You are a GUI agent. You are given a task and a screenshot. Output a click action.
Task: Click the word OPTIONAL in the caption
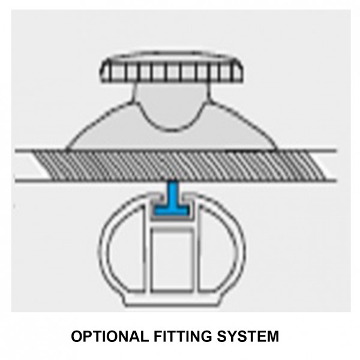pyautogui.click(x=110, y=337)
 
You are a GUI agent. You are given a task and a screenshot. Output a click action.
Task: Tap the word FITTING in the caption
pyautogui.click(x=183, y=337)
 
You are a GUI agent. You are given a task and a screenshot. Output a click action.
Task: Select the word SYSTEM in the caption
pyautogui.click(x=248, y=337)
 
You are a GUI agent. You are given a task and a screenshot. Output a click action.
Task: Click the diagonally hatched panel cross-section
pyautogui.click(x=179, y=166)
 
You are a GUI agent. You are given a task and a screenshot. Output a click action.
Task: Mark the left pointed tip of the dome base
pyautogui.click(x=66, y=149)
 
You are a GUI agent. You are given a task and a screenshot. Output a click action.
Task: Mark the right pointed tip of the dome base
pyautogui.click(x=277, y=149)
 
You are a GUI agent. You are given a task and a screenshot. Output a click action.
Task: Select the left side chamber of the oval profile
pyautogui.click(x=125, y=249)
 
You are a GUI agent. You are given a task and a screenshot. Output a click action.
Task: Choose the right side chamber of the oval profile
pyautogui.click(x=218, y=249)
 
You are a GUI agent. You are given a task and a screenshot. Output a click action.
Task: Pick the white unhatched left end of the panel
pyautogui.click(x=32, y=166)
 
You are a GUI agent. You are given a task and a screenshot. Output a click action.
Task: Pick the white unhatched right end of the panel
pyautogui.click(x=326, y=166)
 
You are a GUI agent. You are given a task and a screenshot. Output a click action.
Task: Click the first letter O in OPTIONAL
pyautogui.click(x=77, y=337)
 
